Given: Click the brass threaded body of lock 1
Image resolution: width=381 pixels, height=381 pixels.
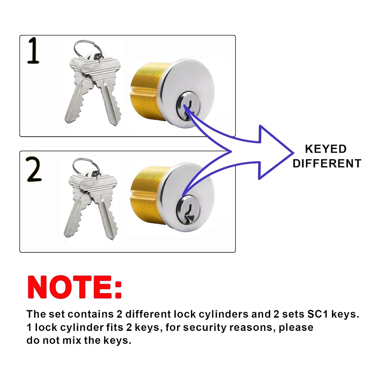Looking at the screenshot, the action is click(x=146, y=91).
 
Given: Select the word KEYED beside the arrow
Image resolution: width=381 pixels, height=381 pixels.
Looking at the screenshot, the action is click(x=326, y=149).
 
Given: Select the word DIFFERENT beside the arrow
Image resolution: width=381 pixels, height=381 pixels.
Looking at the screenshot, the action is click(x=327, y=163).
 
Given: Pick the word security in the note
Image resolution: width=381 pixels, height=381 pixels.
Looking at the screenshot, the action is click(x=204, y=328).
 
